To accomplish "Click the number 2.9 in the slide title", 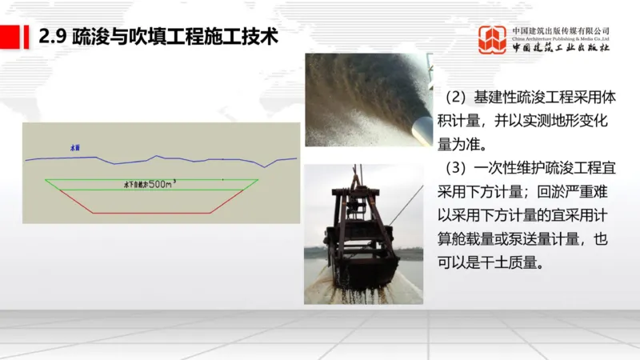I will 54,37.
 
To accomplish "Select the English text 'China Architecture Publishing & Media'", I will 560,37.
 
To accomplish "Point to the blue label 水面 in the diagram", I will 75,148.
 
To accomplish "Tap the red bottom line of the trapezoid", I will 152,213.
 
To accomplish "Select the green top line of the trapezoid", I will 152,179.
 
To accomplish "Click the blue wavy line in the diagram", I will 200,159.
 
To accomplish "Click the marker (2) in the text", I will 455,98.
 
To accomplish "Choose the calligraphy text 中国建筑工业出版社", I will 560,47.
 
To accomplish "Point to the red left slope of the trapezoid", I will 70,197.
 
